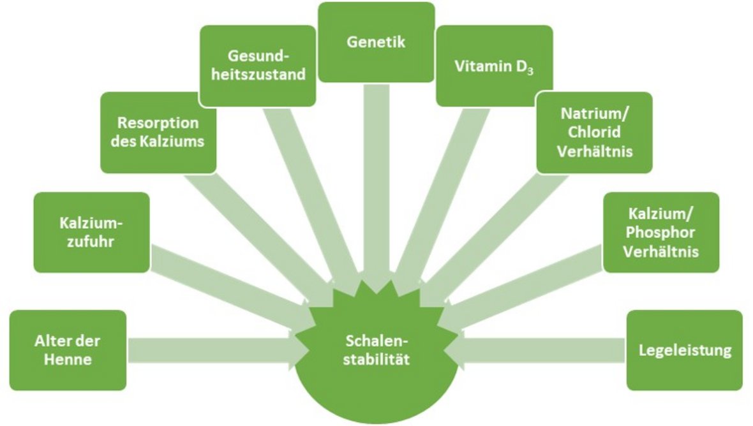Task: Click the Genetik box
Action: point(376,42)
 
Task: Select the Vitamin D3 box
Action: point(485,66)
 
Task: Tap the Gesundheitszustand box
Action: point(258,66)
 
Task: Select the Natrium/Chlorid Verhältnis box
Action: point(594,133)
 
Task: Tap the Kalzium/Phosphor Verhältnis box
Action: point(660,233)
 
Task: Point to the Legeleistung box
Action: point(684,350)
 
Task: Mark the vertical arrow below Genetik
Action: point(376,185)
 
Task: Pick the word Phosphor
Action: point(660,233)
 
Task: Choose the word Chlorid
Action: point(594,133)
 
